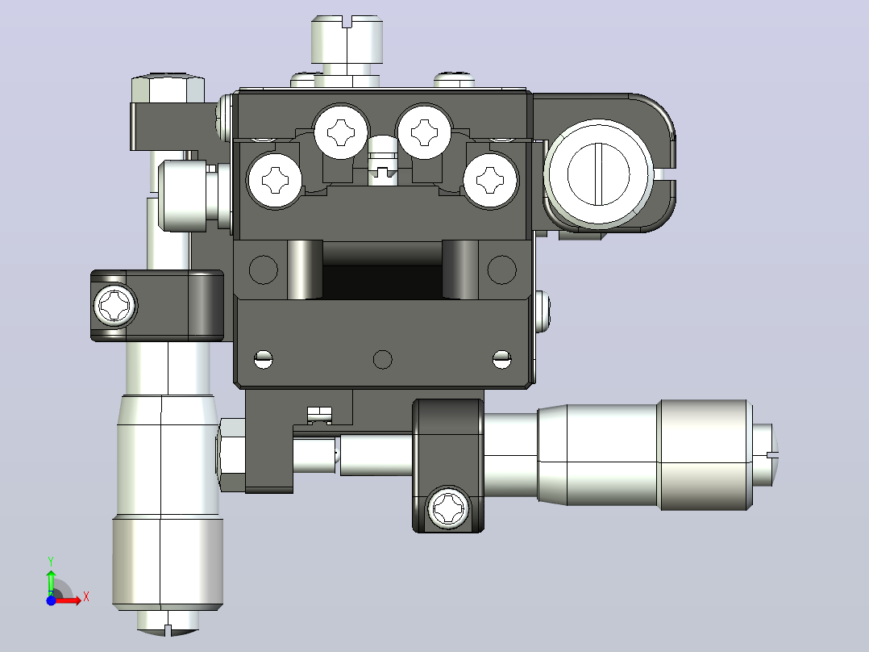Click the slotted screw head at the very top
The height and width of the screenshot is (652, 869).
[x=347, y=40]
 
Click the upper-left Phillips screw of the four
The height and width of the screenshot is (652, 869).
[x=341, y=132]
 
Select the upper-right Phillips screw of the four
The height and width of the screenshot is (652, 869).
[x=425, y=132]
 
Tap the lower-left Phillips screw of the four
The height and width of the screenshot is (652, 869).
[x=275, y=180]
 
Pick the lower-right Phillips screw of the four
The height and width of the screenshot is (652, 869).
[x=490, y=180]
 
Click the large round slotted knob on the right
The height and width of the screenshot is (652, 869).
[x=598, y=173]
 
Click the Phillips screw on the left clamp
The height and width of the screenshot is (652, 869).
[x=115, y=305]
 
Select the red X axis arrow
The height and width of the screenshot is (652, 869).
[x=69, y=600]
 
